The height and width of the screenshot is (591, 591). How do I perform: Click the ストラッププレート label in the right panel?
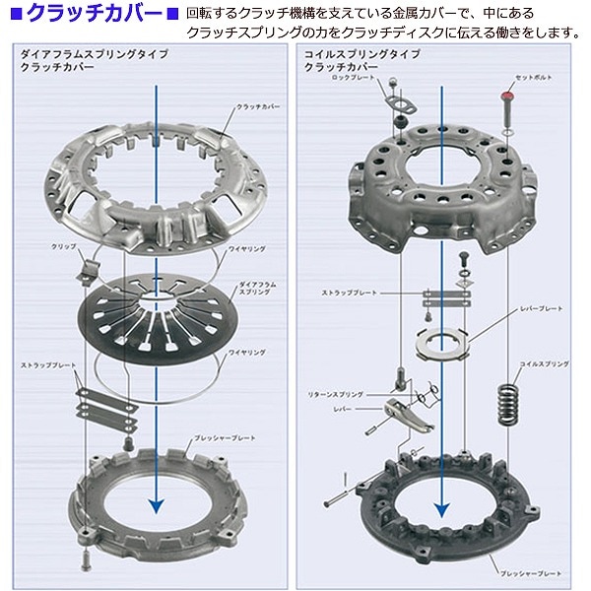[348, 294]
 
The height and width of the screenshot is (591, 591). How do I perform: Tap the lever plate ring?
[442, 341]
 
